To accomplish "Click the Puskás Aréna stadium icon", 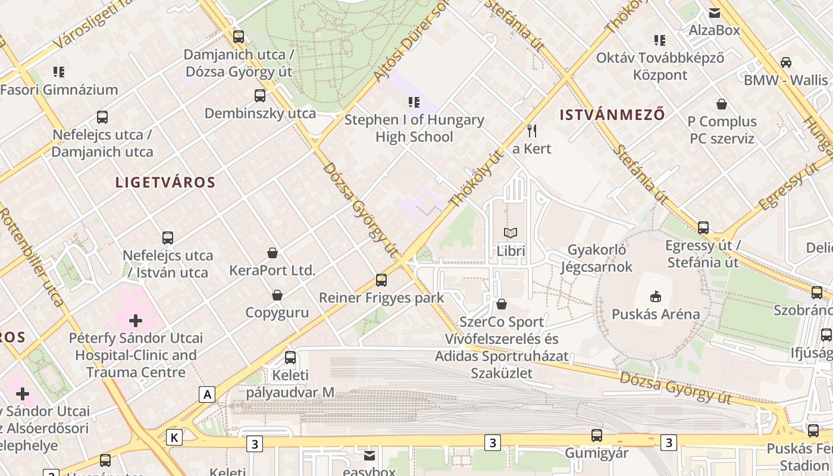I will [x=655, y=296].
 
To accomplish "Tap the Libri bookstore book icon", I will [x=511, y=233].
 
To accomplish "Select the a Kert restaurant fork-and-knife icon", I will [x=532, y=130].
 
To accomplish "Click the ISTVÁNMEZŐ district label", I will [x=612, y=115].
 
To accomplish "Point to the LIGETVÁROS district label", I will [x=165, y=183].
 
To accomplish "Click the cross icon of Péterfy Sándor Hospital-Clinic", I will [x=136, y=321].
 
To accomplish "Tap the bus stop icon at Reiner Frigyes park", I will [x=381, y=280].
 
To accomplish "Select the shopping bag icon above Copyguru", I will [x=277, y=295].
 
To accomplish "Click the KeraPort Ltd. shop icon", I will [x=273, y=253].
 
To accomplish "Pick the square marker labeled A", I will [x=206, y=394].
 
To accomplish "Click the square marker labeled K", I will [x=174, y=437].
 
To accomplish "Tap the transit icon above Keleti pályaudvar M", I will [x=290, y=358].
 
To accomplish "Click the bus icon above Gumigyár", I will [x=597, y=435].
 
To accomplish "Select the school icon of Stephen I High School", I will [x=414, y=102].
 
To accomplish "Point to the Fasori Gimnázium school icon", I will [x=59, y=72].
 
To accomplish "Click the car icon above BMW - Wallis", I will [x=785, y=62].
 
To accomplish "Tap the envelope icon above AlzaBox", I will [x=714, y=12].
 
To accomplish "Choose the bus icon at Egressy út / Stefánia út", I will [x=703, y=227].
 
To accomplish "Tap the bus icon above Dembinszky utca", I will [x=260, y=95].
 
